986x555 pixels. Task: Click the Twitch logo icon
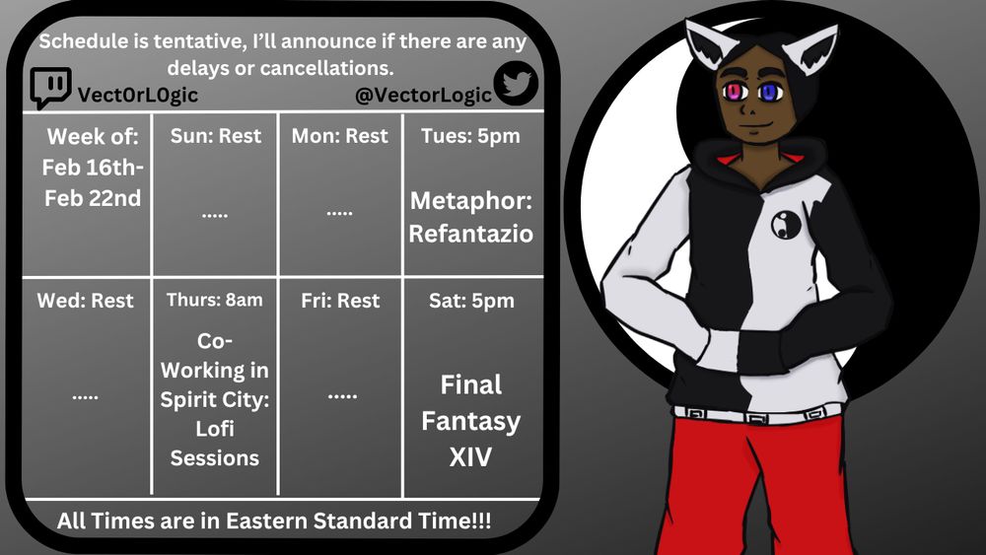[49, 88]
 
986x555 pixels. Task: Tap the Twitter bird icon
[516, 83]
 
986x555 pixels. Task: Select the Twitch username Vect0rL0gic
[138, 95]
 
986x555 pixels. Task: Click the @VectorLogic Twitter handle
[423, 95]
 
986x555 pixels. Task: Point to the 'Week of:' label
[93, 136]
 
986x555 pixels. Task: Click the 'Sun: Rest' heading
[216, 136]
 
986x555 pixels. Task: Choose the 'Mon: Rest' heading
[339, 136]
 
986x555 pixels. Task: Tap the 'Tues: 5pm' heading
[470, 136]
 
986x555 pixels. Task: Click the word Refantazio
[471, 234]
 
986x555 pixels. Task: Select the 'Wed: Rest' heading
[86, 301]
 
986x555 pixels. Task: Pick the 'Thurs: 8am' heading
[214, 300]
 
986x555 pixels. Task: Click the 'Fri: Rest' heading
[340, 301]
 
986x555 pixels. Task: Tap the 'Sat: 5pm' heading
[471, 301]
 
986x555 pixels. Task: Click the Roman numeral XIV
[470, 457]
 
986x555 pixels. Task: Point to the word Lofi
[214, 429]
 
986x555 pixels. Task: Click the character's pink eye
[734, 93]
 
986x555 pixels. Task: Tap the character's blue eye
[770, 93]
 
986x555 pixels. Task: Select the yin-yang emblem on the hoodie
[786, 225]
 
